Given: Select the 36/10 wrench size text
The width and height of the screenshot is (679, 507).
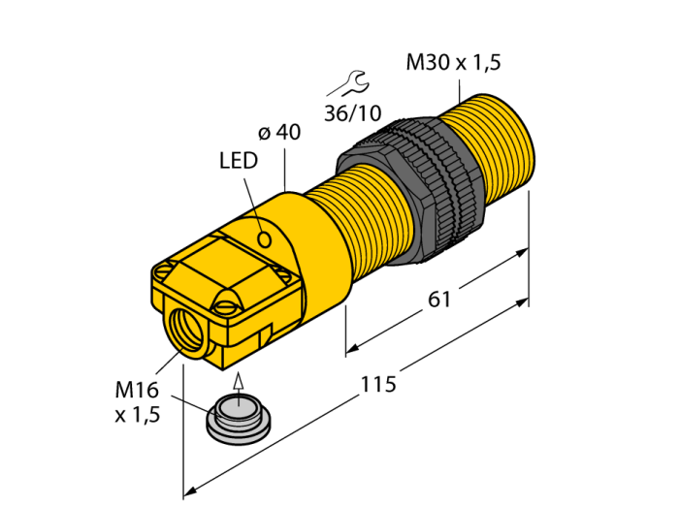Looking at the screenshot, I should [x=353, y=111].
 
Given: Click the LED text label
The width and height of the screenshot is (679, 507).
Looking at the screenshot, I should [x=238, y=161].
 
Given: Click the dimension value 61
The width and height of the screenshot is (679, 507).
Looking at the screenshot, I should [x=439, y=300].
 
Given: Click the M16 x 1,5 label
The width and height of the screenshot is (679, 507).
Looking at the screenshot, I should [x=138, y=402].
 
